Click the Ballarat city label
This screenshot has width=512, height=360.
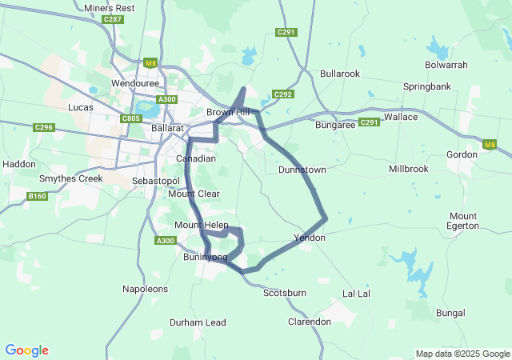(x=168, y=128)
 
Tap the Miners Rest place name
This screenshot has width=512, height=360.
(x=110, y=7)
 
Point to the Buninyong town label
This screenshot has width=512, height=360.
(x=205, y=257)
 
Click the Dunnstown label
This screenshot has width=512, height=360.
(x=302, y=170)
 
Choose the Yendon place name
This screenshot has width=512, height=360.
(x=310, y=238)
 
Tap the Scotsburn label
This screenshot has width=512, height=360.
(x=285, y=293)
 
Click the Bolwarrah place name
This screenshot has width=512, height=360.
(x=447, y=64)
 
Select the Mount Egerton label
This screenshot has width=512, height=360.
(x=463, y=221)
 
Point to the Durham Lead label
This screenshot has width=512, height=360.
(x=198, y=322)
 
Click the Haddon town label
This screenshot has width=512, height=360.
(x=19, y=164)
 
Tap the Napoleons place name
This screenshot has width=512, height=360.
(x=146, y=288)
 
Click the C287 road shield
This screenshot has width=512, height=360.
(x=113, y=19)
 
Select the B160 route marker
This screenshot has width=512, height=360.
(x=37, y=196)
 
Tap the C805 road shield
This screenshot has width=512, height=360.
(x=132, y=118)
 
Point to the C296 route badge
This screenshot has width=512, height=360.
(x=43, y=127)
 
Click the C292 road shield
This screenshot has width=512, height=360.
(x=283, y=94)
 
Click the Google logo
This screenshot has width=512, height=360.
(x=26, y=350)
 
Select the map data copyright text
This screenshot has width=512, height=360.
(x=462, y=354)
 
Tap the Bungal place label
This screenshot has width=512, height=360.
(x=450, y=313)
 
